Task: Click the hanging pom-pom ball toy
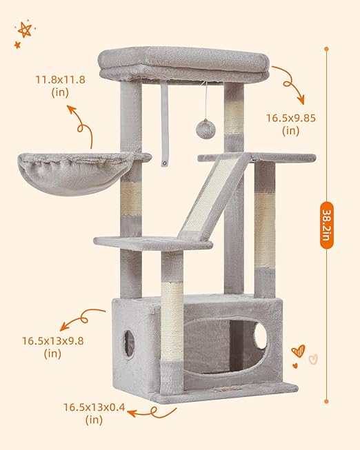[x=206, y=130]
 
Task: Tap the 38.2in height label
[x=327, y=225]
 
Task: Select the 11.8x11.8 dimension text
[x=60, y=79]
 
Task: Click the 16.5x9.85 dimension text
[x=291, y=118]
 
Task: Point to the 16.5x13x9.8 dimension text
[x=53, y=340]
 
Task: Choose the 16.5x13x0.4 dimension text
[x=94, y=407]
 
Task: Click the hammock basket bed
[x=76, y=173]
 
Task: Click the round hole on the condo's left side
[x=129, y=344]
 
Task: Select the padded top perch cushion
[x=184, y=65]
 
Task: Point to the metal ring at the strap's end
[x=165, y=163]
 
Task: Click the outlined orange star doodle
[x=25, y=30]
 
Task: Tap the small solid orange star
[x=17, y=45]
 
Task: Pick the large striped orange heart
[x=298, y=351]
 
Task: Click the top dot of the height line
[x=326, y=49]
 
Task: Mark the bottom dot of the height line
[x=326, y=401]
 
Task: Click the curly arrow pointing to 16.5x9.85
[x=290, y=83]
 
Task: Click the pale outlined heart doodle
[x=313, y=359]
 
